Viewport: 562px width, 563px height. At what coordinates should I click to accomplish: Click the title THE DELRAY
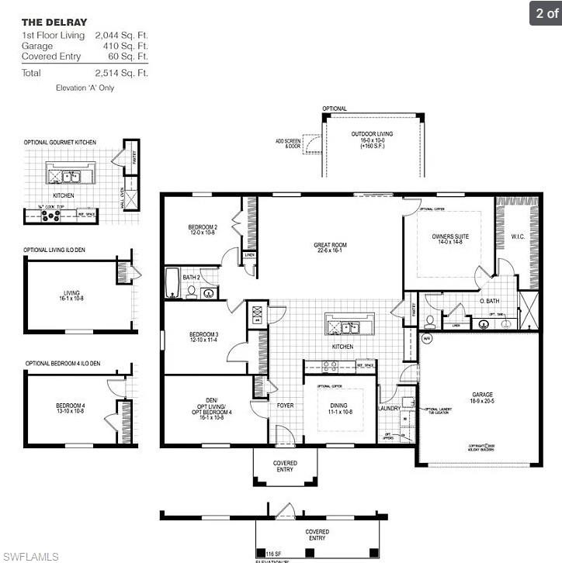[x=54, y=22]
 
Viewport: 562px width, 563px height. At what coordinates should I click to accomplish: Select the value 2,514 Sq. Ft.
[x=121, y=73]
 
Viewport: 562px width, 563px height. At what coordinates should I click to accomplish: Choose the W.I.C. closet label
[x=518, y=236]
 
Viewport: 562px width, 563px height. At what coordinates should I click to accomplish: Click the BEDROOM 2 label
[x=203, y=230]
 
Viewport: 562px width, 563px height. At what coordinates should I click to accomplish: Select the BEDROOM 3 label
[x=204, y=337]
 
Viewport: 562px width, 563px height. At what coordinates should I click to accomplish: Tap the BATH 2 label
[x=192, y=277]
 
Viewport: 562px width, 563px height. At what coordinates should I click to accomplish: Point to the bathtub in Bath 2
[x=172, y=284]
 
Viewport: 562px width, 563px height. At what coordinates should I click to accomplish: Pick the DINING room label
[x=339, y=409]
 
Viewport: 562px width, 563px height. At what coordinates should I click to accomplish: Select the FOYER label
[x=285, y=406]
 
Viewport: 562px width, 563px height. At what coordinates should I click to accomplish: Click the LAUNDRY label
[x=389, y=408]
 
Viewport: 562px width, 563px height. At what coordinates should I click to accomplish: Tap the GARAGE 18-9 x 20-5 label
[x=482, y=398]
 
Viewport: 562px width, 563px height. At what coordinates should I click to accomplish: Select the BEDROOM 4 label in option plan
[x=70, y=408]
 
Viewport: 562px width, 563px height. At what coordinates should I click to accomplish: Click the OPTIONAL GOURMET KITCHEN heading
[x=60, y=143]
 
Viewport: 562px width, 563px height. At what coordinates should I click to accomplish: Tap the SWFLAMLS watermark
[x=30, y=556]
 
